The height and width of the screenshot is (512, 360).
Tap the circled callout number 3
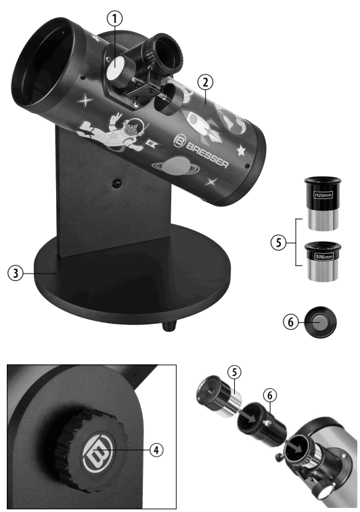(x=15, y=273)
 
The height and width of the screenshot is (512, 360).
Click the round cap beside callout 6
(x=320, y=323)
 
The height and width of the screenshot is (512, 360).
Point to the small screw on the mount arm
(x=116, y=182)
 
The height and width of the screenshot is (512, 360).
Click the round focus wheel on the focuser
(x=173, y=96)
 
